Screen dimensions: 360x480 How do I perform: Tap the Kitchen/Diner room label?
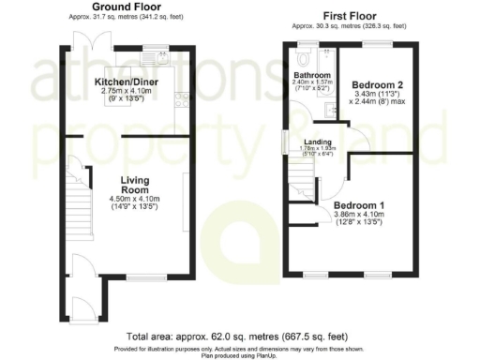point(126,82)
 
